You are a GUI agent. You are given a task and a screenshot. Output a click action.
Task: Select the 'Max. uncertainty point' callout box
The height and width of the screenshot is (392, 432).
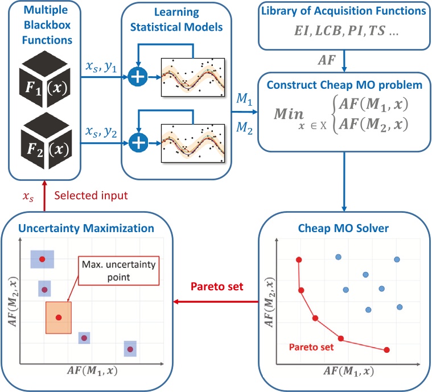(x=120, y=270)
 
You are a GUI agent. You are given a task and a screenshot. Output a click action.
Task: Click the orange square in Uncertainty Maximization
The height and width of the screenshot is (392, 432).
(x=58, y=317)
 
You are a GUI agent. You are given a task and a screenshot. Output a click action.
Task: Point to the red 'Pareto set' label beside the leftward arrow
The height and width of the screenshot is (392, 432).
(x=219, y=286)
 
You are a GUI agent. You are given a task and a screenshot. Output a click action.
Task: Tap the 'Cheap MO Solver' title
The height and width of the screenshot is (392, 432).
(x=343, y=229)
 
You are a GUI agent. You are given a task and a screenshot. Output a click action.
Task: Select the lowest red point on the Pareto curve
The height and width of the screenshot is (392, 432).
(x=387, y=349)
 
